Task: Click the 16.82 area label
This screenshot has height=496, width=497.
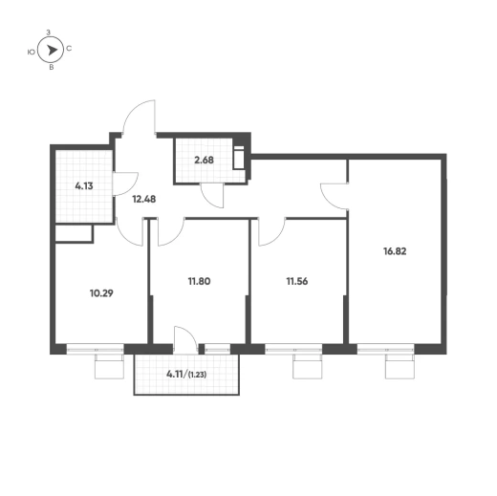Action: pyautogui.click(x=395, y=251)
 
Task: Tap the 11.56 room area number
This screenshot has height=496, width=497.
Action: pyautogui.click(x=297, y=282)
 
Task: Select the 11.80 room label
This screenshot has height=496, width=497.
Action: pyautogui.click(x=199, y=282)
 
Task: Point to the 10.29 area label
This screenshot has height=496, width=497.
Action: pyautogui.click(x=101, y=293)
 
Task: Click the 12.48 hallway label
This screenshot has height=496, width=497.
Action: pyautogui.click(x=144, y=200)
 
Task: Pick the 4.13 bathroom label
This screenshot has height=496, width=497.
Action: pyautogui.click(x=84, y=186)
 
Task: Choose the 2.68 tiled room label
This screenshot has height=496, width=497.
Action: pyautogui.click(x=204, y=160)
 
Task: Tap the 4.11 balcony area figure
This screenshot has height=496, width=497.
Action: pyautogui.click(x=175, y=374)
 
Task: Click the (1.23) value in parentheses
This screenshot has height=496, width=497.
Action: pyautogui.click(x=198, y=375)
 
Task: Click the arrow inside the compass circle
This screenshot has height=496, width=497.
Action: pyautogui.click(x=52, y=50)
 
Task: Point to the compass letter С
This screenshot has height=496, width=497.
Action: pyautogui.click(x=69, y=49)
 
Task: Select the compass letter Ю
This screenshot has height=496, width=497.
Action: pyautogui.click(x=32, y=52)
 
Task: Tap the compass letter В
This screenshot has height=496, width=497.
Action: pyautogui.click(x=51, y=68)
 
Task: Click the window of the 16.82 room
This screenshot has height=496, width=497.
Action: pyautogui.click(x=385, y=350)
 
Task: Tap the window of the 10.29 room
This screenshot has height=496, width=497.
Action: pyautogui.click(x=95, y=350)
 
